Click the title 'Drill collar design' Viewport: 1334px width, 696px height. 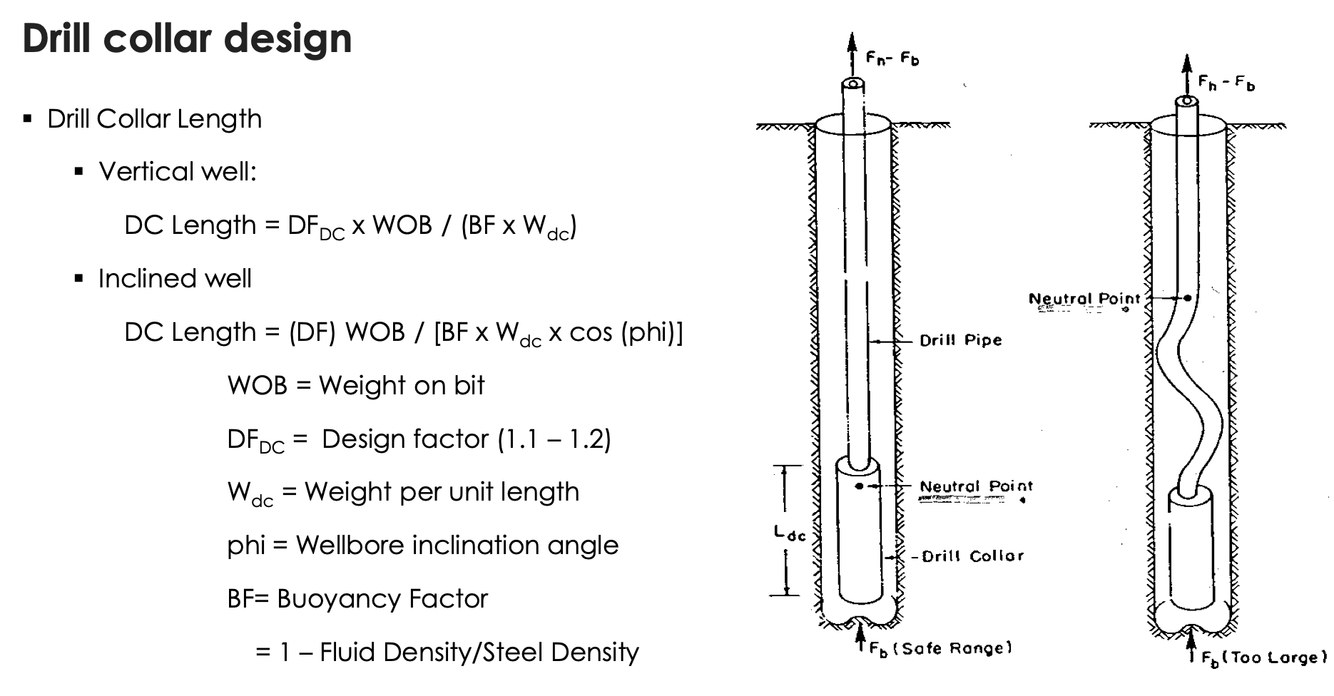[x=187, y=39]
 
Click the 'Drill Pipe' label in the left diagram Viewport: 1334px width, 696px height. [x=960, y=341]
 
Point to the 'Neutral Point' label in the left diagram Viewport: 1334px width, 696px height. [x=975, y=487]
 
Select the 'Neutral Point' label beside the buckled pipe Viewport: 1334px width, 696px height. [x=1084, y=299]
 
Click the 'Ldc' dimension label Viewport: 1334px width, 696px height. [x=789, y=533]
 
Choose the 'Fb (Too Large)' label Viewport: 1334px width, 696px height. [x=1263, y=658]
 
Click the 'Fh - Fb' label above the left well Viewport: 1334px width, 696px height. [x=892, y=58]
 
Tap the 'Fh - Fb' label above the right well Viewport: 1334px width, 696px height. [x=1226, y=83]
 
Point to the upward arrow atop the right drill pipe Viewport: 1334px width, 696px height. [x=1186, y=71]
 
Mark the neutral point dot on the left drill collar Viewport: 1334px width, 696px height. [x=860, y=486]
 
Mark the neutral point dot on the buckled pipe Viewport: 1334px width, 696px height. [x=1188, y=298]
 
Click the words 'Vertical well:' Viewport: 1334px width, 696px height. [x=178, y=172]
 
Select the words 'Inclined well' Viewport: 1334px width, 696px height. [x=175, y=279]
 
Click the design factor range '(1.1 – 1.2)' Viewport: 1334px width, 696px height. [x=554, y=439]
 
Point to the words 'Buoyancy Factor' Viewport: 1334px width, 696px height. [x=382, y=599]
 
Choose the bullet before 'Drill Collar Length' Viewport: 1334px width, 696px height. [x=28, y=119]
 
